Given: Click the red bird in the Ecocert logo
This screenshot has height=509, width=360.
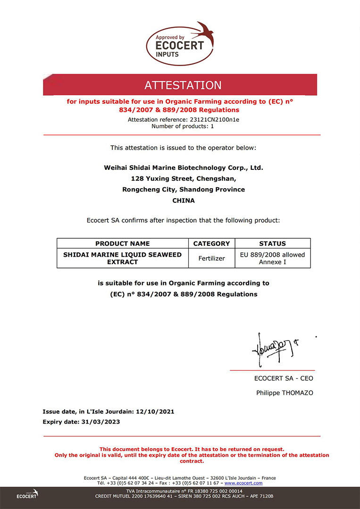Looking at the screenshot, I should click(205, 33).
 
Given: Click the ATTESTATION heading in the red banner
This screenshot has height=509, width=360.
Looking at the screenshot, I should click(183, 85).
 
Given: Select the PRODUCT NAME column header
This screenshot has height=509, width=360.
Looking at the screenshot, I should click(123, 243).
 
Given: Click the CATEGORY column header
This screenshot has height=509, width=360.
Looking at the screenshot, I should click(212, 243).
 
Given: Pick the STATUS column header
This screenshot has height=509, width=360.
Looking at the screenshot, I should click(272, 243).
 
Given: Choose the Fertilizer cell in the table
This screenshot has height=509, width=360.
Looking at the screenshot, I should click(212, 259).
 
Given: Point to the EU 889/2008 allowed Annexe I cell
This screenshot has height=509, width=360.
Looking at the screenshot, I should click(272, 258).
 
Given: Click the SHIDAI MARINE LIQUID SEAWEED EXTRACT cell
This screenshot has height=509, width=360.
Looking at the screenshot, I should click(123, 258).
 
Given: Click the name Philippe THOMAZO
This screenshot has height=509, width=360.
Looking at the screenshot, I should click(285, 392).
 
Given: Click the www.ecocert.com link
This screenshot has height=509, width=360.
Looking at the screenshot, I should click(243, 483).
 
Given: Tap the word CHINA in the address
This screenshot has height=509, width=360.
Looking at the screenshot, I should click(183, 200).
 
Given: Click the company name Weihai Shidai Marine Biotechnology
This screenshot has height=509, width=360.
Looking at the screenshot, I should click(183, 167).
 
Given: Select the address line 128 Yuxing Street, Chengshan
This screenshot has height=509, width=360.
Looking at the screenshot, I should click(183, 179).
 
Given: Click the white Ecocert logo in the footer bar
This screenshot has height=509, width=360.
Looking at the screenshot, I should click(27, 494).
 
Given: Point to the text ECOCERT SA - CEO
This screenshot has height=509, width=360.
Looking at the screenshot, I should click(283, 378).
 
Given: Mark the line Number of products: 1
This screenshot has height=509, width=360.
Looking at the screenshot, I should click(183, 126).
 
